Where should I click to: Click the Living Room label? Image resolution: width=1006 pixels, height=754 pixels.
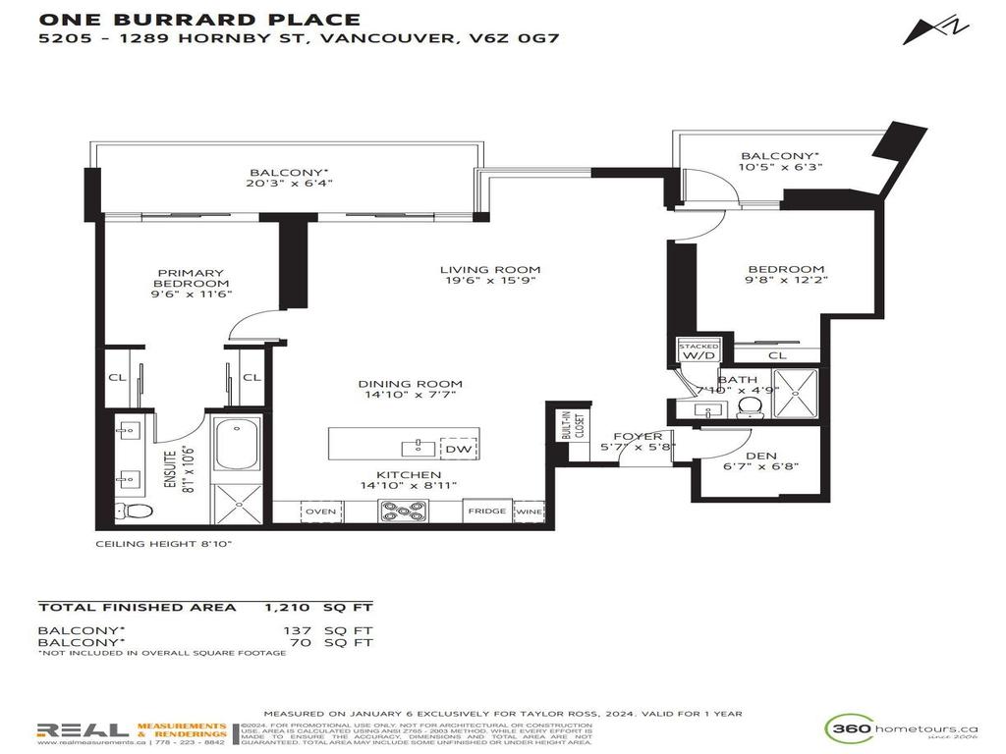pyautogui.click(x=489, y=270)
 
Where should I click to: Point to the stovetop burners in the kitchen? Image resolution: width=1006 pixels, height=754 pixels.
pyautogui.click(x=404, y=511)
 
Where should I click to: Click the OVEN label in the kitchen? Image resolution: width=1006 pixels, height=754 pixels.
pyautogui.click(x=321, y=512)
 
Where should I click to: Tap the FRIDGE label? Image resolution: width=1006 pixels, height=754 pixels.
pyautogui.click(x=487, y=512)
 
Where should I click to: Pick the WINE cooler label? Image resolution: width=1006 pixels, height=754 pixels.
pyautogui.click(x=529, y=512)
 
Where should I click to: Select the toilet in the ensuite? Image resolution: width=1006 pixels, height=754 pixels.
pyautogui.click(x=133, y=510)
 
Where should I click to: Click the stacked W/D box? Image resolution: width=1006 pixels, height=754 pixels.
pyautogui.click(x=699, y=352)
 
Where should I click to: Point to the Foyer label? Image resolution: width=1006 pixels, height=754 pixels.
pyautogui.click(x=638, y=437)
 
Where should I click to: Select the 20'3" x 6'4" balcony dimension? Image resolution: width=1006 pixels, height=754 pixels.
pyautogui.click(x=285, y=182)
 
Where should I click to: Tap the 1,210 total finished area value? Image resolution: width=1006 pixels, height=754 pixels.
pyautogui.click(x=289, y=608)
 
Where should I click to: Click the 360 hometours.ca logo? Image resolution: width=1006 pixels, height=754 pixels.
pyautogui.click(x=901, y=731)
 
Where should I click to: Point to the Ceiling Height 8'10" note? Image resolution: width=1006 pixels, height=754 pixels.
pyautogui.click(x=164, y=544)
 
